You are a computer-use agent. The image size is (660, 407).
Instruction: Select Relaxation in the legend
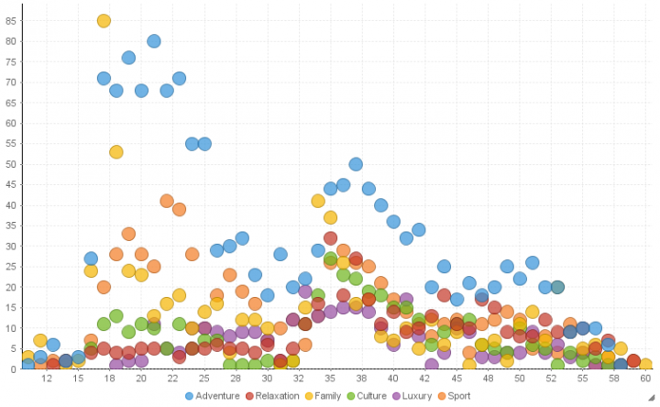pyautogui.click(x=277, y=396)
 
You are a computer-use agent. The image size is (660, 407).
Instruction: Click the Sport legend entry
pyautogui.click(x=477, y=396)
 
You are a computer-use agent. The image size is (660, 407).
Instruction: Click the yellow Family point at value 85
pyautogui.click(x=104, y=21)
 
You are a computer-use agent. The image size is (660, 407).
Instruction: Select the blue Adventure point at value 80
pyautogui.click(x=154, y=41)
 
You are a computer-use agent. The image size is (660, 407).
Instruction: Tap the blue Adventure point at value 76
pyautogui.click(x=128, y=58)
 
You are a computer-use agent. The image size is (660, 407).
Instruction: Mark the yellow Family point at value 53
pyautogui.click(x=116, y=152)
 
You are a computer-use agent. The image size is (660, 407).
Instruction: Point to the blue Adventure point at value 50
pyautogui.click(x=356, y=164)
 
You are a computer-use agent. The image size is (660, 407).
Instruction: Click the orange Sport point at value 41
pyautogui.click(x=167, y=201)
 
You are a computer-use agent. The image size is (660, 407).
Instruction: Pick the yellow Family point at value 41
pyautogui.click(x=318, y=201)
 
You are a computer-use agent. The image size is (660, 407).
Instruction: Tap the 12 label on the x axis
pyautogui.click(x=47, y=378)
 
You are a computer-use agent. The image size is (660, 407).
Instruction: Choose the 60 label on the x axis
pyautogui.click(x=645, y=378)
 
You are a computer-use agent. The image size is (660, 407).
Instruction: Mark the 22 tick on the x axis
pyautogui.click(x=172, y=378)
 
